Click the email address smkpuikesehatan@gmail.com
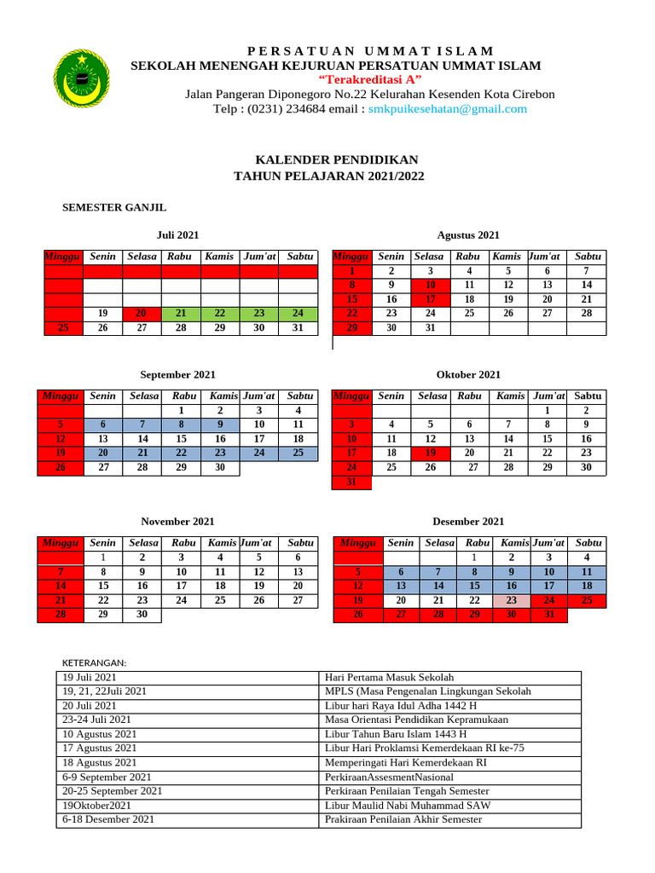[447, 109]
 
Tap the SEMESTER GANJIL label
[114, 207]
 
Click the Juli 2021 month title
[177, 235]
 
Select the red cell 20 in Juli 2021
[142, 314]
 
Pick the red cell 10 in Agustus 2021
[430, 285]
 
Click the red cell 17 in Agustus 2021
[430, 299]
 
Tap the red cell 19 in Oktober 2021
[431, 454]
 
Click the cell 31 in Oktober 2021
[351, 483]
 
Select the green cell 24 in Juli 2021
[298, 314]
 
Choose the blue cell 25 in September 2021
[298, 454]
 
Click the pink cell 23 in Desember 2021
[511, 600]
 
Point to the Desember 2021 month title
[468, 522]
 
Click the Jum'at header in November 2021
[258, 542]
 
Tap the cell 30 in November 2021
[142, 614]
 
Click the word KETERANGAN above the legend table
[95, 662]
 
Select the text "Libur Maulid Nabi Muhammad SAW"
[408, 805]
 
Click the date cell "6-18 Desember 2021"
[108, 819]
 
